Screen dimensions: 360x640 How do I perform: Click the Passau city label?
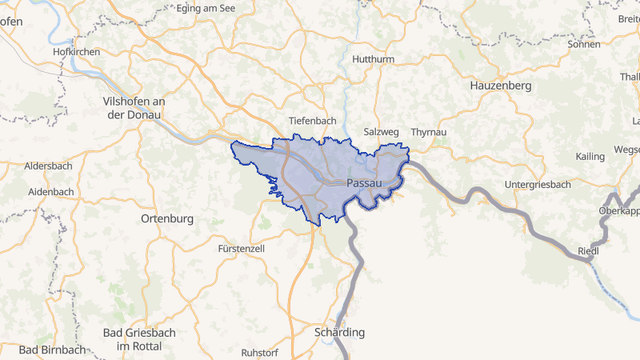coord(363,183)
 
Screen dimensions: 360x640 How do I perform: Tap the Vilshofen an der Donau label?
coord(134,108)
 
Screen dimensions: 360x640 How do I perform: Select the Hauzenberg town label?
coord(502,85)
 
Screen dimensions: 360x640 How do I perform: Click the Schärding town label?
coord(340,332)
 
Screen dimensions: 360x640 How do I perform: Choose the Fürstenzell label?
coord(241,249)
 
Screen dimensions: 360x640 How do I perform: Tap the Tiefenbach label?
coord(312,120)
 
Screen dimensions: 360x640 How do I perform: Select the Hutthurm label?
coord(374,59)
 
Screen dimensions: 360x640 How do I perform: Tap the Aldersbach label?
coord(49,166)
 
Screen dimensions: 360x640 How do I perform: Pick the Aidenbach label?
coord(50,192)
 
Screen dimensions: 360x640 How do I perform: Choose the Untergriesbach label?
coord(538,185)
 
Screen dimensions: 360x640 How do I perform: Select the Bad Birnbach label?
coord(52,350)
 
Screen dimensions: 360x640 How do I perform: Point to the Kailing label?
coord(590,156)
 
